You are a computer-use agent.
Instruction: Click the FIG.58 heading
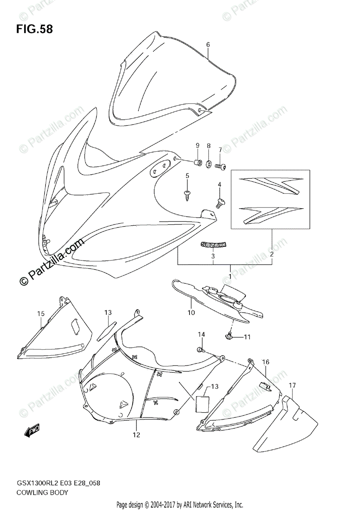click(x=35, y=29)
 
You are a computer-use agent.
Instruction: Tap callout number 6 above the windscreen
click(x=208, y=45)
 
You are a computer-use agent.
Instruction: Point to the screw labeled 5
click(x=187, y=195)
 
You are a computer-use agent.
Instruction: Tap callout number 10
click(x=191, y=313)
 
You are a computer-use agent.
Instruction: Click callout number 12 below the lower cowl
click(x=136, y=435)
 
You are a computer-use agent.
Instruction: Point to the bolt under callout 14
click(x=200, y=349)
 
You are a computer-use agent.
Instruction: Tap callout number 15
click(x=40, y=314)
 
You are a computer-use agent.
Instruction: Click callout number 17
click(x=292, y=385)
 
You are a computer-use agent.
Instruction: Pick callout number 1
click(x=230, y=277)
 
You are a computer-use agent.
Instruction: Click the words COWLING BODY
click(x=43, y=493)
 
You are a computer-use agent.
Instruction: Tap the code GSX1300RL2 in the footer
click(x=36, y=484)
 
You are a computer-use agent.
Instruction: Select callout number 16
click(x=266, y=362)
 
